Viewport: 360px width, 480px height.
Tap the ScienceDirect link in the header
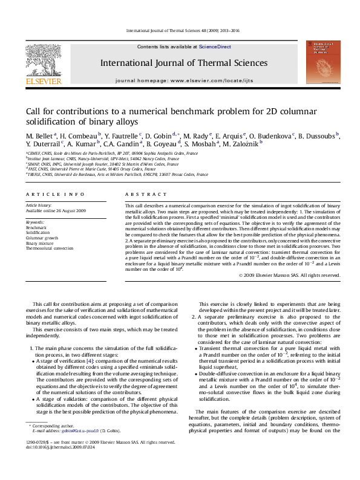[215, 47]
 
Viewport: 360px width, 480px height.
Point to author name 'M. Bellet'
[39, 136]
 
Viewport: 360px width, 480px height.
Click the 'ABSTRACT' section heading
[143, 195]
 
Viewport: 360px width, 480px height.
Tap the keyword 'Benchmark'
[36, 227]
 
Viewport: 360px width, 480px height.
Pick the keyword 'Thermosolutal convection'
[49, 248]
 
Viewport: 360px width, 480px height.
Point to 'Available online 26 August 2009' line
[56, 211]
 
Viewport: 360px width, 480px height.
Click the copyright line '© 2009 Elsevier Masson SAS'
[289, 275]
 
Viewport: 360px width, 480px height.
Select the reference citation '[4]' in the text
[90, 360]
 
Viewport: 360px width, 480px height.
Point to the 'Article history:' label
[38, 206]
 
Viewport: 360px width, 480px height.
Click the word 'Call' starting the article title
[33, 112]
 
